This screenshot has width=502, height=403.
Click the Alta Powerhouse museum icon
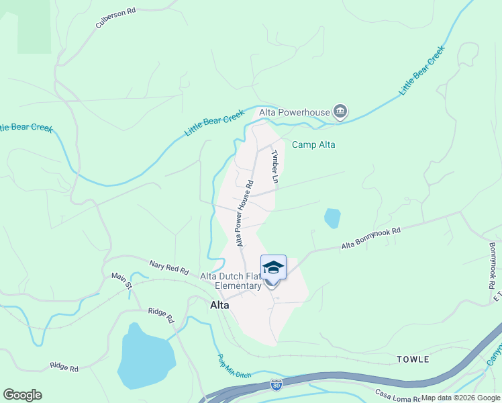pyautogui.click(x=340, y=111)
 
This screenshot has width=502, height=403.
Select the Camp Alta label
pyautogui.click(x=313, y=144)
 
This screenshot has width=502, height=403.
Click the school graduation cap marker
pyautogui.click(x=273, y=268)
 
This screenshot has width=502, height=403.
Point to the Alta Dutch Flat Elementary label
pyautogui.click(x=231, y=281)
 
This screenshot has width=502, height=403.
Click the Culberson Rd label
pyautogui.click(x=115, y=18)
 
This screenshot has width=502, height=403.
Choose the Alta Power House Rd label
pyautogui.click(x=244, y=212)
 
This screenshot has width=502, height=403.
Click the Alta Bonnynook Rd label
pyautogui.click(x=370, y=238)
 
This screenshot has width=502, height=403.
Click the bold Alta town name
pyautogui.click(x=219, y=305)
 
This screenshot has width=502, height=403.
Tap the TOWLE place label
pyautogui.click(x=413, y=359)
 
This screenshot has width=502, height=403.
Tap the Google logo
pyautogui.click(x=22, y=395)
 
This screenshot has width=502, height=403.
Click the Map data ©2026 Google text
pyautogui.click(x=460, y=398)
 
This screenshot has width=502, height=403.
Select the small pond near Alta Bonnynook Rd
pyautogui.click(x=332, y=218)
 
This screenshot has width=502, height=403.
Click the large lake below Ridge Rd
pyautogui.click(x=146, y=360)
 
